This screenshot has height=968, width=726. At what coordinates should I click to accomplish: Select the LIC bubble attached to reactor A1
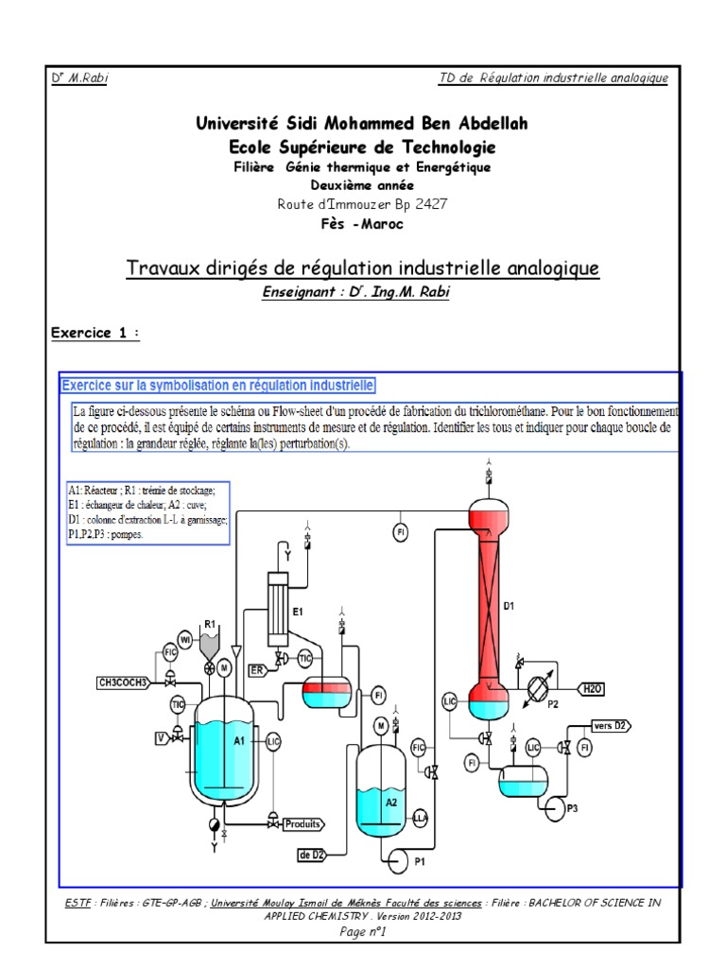[x=273, y=741]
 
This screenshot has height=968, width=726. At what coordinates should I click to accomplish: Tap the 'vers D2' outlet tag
[x=611, y=725]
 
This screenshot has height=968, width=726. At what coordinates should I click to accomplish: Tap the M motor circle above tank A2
[x=379, y=725]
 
